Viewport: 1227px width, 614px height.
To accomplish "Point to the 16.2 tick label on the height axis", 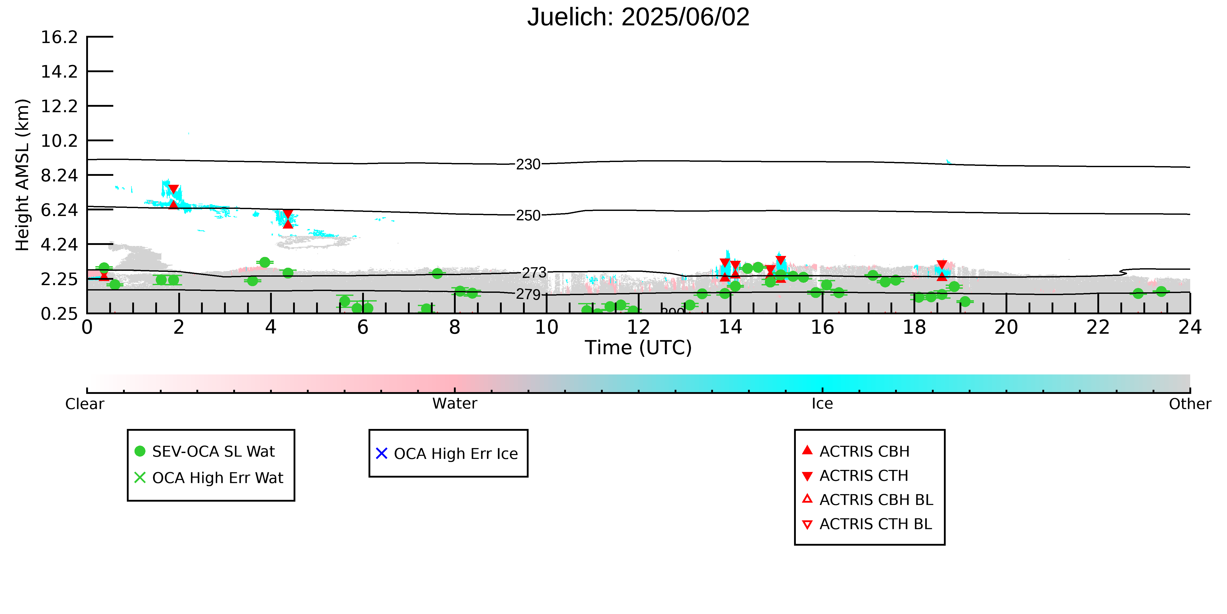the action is pos(59,37).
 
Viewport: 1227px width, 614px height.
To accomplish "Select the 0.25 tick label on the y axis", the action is pos(59,314).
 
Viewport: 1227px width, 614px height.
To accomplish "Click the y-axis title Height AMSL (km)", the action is pos(23,175).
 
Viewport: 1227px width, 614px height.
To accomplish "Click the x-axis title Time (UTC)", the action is pos(638,348).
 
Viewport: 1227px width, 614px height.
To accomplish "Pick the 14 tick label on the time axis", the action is pos(730,328).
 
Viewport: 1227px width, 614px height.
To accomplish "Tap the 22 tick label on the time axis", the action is pos(1098,328).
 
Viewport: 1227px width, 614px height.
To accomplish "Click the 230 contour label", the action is pos(528,165).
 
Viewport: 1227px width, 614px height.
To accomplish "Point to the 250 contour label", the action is pos(528,216).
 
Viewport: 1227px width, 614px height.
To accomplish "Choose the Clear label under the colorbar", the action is pos(85,404).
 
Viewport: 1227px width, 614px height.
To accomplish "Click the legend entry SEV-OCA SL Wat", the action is pos(213,451).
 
